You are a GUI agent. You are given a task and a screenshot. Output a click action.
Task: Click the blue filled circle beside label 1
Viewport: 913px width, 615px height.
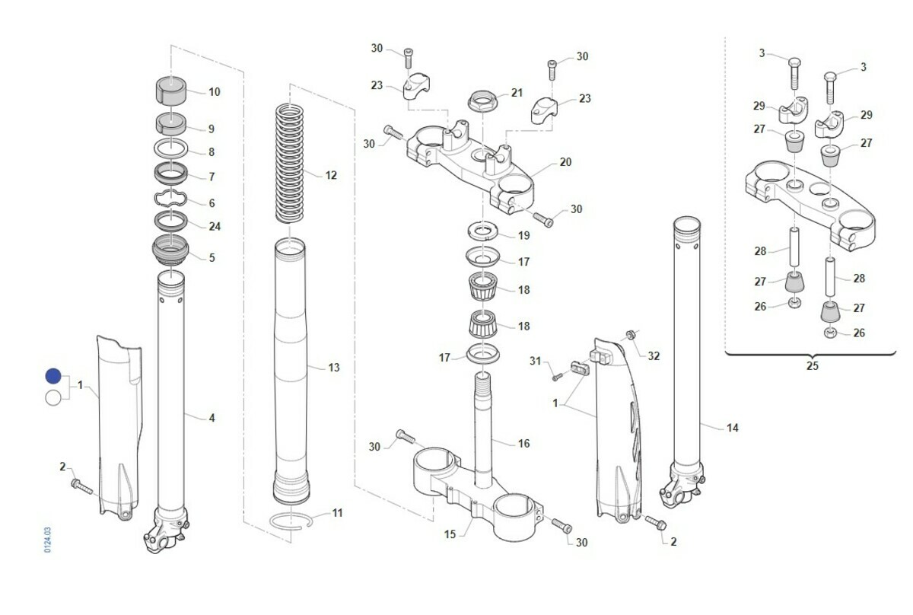click(x=52, y=376)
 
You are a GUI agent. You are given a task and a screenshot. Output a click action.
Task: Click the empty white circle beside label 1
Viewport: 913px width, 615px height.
click(x=52, y=397)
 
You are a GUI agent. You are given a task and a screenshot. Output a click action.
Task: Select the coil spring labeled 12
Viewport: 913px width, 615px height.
click(x=291, y=164)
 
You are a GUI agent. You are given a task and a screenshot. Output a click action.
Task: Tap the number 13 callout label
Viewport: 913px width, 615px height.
click(x=334, y=368)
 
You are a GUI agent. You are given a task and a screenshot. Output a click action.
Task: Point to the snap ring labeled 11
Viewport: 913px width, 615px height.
click(x=291, y=521)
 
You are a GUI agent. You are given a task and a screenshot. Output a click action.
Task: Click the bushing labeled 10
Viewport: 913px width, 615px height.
click(x=172, y=88)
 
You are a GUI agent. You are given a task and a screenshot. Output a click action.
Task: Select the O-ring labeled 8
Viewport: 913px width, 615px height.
click(x=172, y=148)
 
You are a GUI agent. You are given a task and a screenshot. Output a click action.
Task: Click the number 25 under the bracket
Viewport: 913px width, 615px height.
click(x=812, y=366)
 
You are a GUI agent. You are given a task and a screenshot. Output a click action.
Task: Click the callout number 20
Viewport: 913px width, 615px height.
click(x=565, y=162)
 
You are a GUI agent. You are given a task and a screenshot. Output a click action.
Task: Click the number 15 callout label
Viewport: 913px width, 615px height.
click(x=450, y=534)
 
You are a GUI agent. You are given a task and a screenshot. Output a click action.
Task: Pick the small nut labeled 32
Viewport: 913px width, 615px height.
click(x=631, y=336)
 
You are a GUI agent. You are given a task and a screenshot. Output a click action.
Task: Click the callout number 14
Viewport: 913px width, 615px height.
click(x=732, y=429)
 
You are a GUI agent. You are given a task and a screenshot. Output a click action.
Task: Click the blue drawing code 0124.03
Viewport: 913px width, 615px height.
click(x=47, y=539)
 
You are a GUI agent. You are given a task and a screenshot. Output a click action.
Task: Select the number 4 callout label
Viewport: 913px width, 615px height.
click(x=212, y=418)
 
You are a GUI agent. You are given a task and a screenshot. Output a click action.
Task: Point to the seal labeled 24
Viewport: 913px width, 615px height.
click(x=171, y=221)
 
